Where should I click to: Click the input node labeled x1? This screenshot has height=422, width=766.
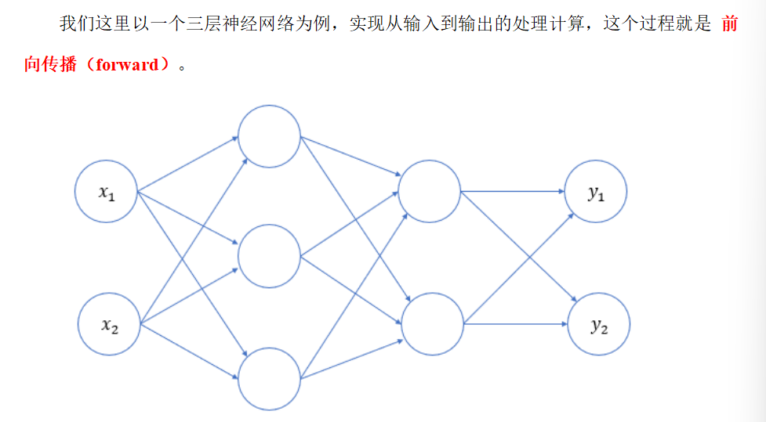pos(106,191)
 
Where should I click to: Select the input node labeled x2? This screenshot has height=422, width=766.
pos(109,324)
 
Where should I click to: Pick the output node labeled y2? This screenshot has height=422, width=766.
pos(598,324)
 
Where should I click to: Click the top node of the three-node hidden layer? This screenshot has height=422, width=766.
pos(269,136)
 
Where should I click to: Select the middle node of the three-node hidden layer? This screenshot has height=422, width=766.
pos(269,256)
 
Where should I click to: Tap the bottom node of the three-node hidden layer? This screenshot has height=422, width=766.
pos(269,379)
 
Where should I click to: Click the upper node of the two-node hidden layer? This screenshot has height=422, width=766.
pos(430,191)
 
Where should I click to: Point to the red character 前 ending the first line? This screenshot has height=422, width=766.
pos(729,23)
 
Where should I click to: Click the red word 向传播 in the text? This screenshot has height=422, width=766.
pos(51,65)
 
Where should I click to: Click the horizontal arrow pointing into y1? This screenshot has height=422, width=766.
pos(514,191)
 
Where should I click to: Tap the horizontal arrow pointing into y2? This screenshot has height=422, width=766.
pos(516,323)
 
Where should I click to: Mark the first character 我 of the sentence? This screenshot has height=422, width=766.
pos(68,23)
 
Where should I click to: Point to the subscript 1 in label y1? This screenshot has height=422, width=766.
pos(601,197)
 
